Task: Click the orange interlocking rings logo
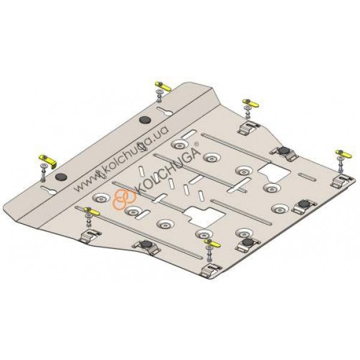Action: pyautogui.click(x=124, y=199)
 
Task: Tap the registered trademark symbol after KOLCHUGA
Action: pyautogui.click(x=196, y=144)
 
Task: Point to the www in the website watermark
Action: pyautogui.click(x=86, y=183)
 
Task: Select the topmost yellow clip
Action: pyautogui.click(x=163, y=86)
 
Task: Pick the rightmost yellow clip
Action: pyautogui.click(x=343, y=154)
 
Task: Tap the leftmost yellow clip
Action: pyautogui.click(x=48, y=160)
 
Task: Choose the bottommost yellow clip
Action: pyautogui.click(x=212, y=243)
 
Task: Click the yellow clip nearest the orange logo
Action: pyautogui.click(x=92, y=211)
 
